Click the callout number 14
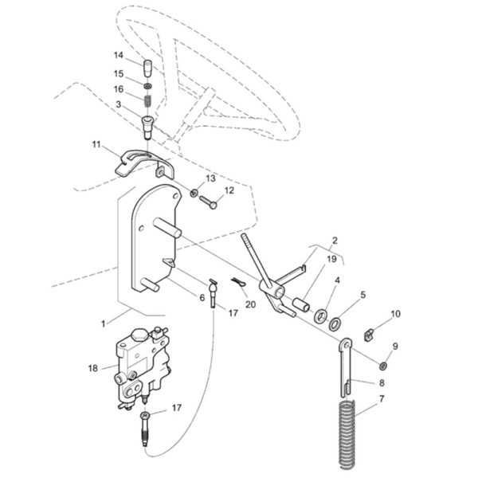click(x=118, y=55)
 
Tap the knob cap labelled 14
click(x=148, y=69)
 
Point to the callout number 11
click(x=96, y=144)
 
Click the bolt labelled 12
click(x=208, y=202)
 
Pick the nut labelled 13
click(x=194, y=193)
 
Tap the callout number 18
click(x=93, y=368)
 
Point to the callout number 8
click(x=382, y=383)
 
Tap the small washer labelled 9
click(x=383, y=366)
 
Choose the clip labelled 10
click(x=369, y=336)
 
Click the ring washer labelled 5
click(x=335, y=324)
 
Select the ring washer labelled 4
click(x=320, y=315)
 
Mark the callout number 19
click(x=331, y=259)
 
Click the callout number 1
click(x=104, y=323)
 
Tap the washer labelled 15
click(x=147, y=86)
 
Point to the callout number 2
click(x=335, y=241)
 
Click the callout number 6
click(x=202, y=297)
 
